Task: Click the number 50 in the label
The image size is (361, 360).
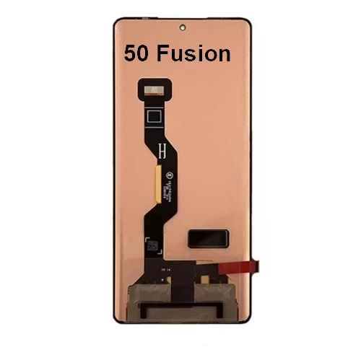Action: pyautogui.click(x=138, y=53)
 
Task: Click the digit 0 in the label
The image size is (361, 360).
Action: pyautogui.click(x=144, y=53)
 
